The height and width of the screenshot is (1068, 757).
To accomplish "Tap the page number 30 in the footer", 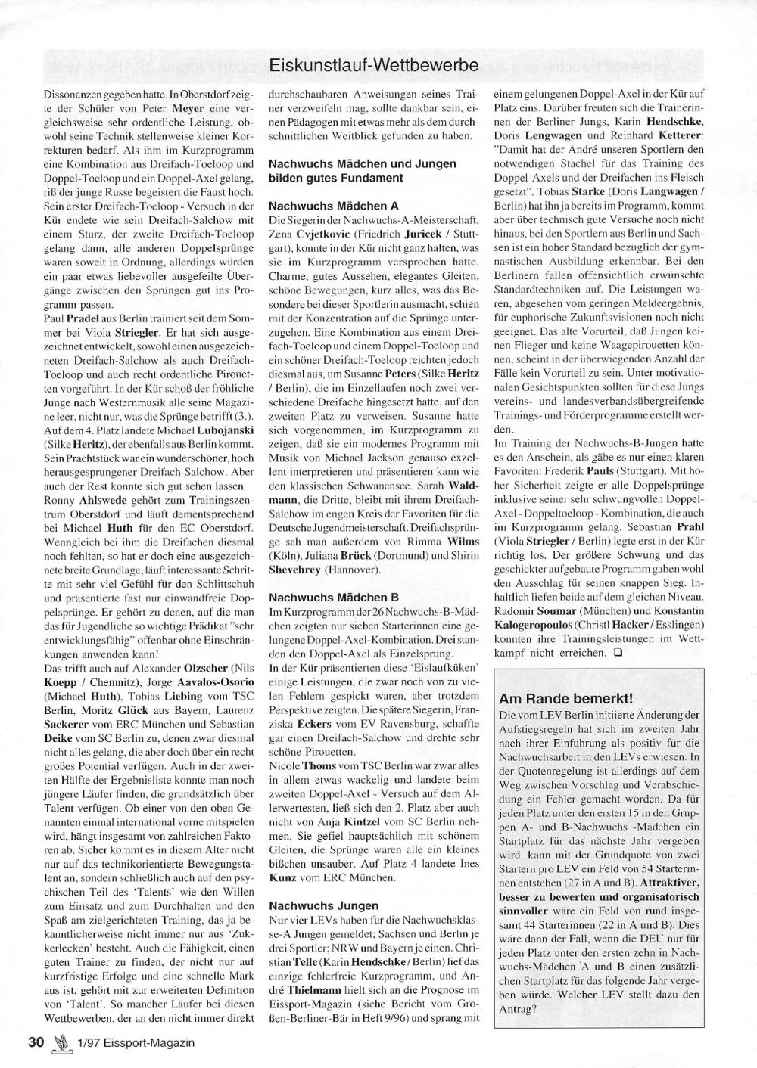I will click(x=36, y=1042).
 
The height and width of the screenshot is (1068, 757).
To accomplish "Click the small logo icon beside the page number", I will click(x=60, y=1042).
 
